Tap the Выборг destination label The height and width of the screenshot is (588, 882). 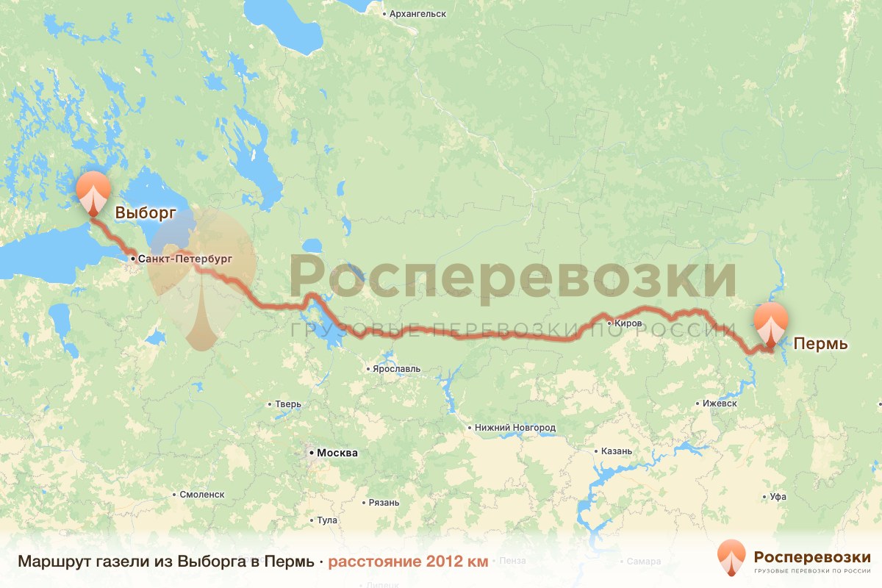[x=145, y=213]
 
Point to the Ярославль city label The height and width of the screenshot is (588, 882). [x=397, y=368]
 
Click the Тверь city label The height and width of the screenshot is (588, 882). [x=287, y=404]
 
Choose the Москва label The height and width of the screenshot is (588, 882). [x=337, y=453]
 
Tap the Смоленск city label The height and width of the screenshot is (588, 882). [x=201, y=495]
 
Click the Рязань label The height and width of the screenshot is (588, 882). [x=384, y=503]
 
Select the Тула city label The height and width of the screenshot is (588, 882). [x=327, y=520]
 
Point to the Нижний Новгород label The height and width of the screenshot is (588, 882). [x=514, y=427]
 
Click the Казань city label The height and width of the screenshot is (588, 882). [x=616, y=451]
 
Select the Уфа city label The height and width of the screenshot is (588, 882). [x=778, y=498]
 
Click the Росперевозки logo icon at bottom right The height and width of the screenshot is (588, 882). [x=731, y=558]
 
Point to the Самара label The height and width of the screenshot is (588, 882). [x=645, y=562]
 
